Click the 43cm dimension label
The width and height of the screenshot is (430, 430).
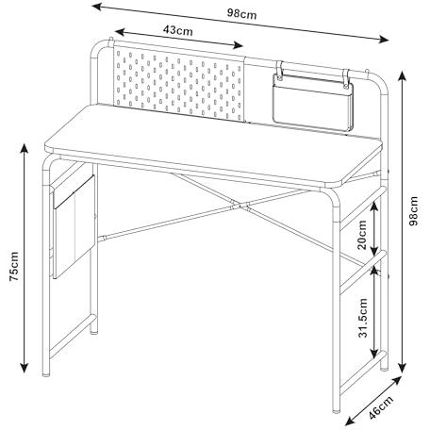click(x=178, y=30)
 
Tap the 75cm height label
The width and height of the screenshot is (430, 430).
click(x=14, y=266)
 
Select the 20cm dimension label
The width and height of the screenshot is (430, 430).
click(x=362, y=235)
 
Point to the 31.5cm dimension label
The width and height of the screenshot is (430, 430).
click(x=363, y=318)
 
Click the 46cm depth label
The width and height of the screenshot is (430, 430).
click(x=381, y=407)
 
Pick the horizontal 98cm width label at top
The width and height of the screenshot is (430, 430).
click(x=241, y=14)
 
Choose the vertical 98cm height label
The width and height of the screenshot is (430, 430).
click(x=414, y=210)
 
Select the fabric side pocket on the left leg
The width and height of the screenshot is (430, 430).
click(x=74, y=226)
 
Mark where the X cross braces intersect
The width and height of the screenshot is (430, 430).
click(x=240, y=206)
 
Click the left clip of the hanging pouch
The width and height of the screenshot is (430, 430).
click(x=279, y=70)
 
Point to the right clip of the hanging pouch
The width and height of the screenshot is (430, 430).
click(x=346, y=78)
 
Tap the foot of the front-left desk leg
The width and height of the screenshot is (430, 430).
click(x=46, y=373)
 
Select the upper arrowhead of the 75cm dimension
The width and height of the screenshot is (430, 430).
click(x=25, y=148)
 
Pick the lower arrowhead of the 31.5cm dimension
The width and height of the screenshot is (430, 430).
click(x=374, y=354)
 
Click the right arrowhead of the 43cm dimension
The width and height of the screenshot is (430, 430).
click(x=238, y=46)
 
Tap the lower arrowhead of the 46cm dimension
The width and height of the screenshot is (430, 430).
click(x=350, y=420)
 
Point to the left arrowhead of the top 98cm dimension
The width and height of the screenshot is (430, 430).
click(x=97, y=7)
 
